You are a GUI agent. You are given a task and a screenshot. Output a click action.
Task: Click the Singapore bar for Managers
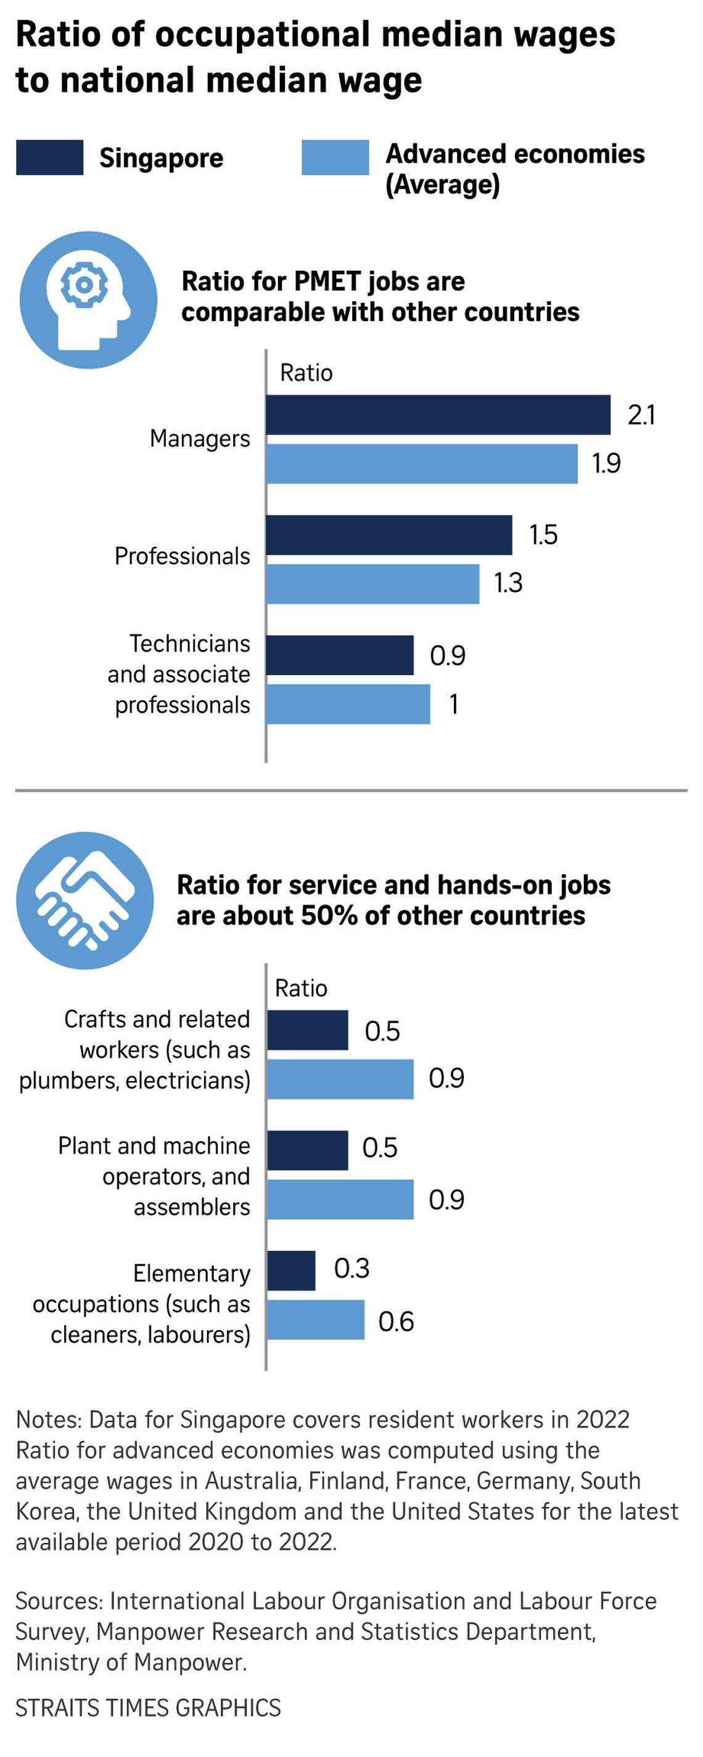(438, 415)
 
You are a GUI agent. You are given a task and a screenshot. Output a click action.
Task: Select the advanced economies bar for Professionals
(372, 584)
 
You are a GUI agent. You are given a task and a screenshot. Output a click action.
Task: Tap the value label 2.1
(641, 415)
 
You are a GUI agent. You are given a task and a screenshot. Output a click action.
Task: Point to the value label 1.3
(508, 583)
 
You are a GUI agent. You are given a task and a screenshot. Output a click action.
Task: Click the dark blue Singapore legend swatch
(50, 157)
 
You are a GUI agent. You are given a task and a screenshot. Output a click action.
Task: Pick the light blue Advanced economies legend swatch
(335, 157)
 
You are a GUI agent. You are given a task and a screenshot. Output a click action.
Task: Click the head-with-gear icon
(88, 300)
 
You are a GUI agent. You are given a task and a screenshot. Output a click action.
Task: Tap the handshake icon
(84, 900)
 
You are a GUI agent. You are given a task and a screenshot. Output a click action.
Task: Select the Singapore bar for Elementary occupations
(291, 1271)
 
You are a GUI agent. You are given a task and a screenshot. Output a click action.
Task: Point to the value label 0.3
(351, 1269)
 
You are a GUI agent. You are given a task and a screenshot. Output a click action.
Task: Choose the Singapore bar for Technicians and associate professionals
(340, 655)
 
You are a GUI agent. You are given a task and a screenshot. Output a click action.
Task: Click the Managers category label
(200, 439)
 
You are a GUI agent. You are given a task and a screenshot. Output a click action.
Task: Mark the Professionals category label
(182, 556)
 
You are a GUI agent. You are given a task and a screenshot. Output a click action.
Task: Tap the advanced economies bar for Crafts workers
(340, 1079)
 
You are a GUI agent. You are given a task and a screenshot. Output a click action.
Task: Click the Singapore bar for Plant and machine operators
(307, 1150)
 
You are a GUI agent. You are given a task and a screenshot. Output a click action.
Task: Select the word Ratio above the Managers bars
(306, 373)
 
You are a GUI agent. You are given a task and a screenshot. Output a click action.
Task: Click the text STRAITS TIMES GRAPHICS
(148, 1707)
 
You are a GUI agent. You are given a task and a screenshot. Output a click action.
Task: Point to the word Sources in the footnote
(59, 1601)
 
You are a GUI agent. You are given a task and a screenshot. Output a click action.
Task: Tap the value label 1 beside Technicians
(453, 704)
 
